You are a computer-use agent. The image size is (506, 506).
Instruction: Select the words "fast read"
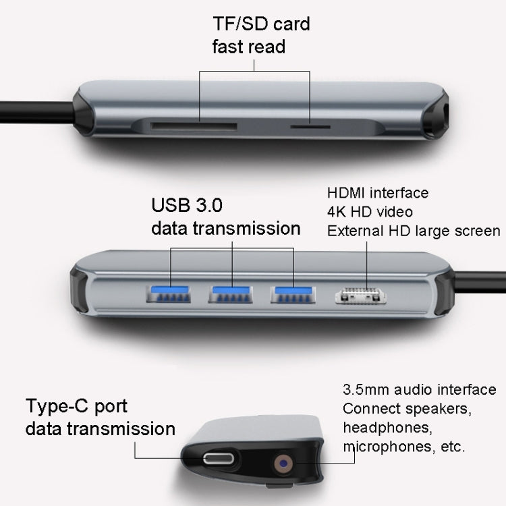240,47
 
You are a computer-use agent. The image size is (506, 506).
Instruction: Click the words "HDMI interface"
378,192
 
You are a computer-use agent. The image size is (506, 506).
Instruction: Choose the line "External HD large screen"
414,231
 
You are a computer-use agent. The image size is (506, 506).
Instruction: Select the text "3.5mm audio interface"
419,390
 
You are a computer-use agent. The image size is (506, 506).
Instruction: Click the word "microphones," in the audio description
385,447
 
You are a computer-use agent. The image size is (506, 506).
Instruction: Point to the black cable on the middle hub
479,279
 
